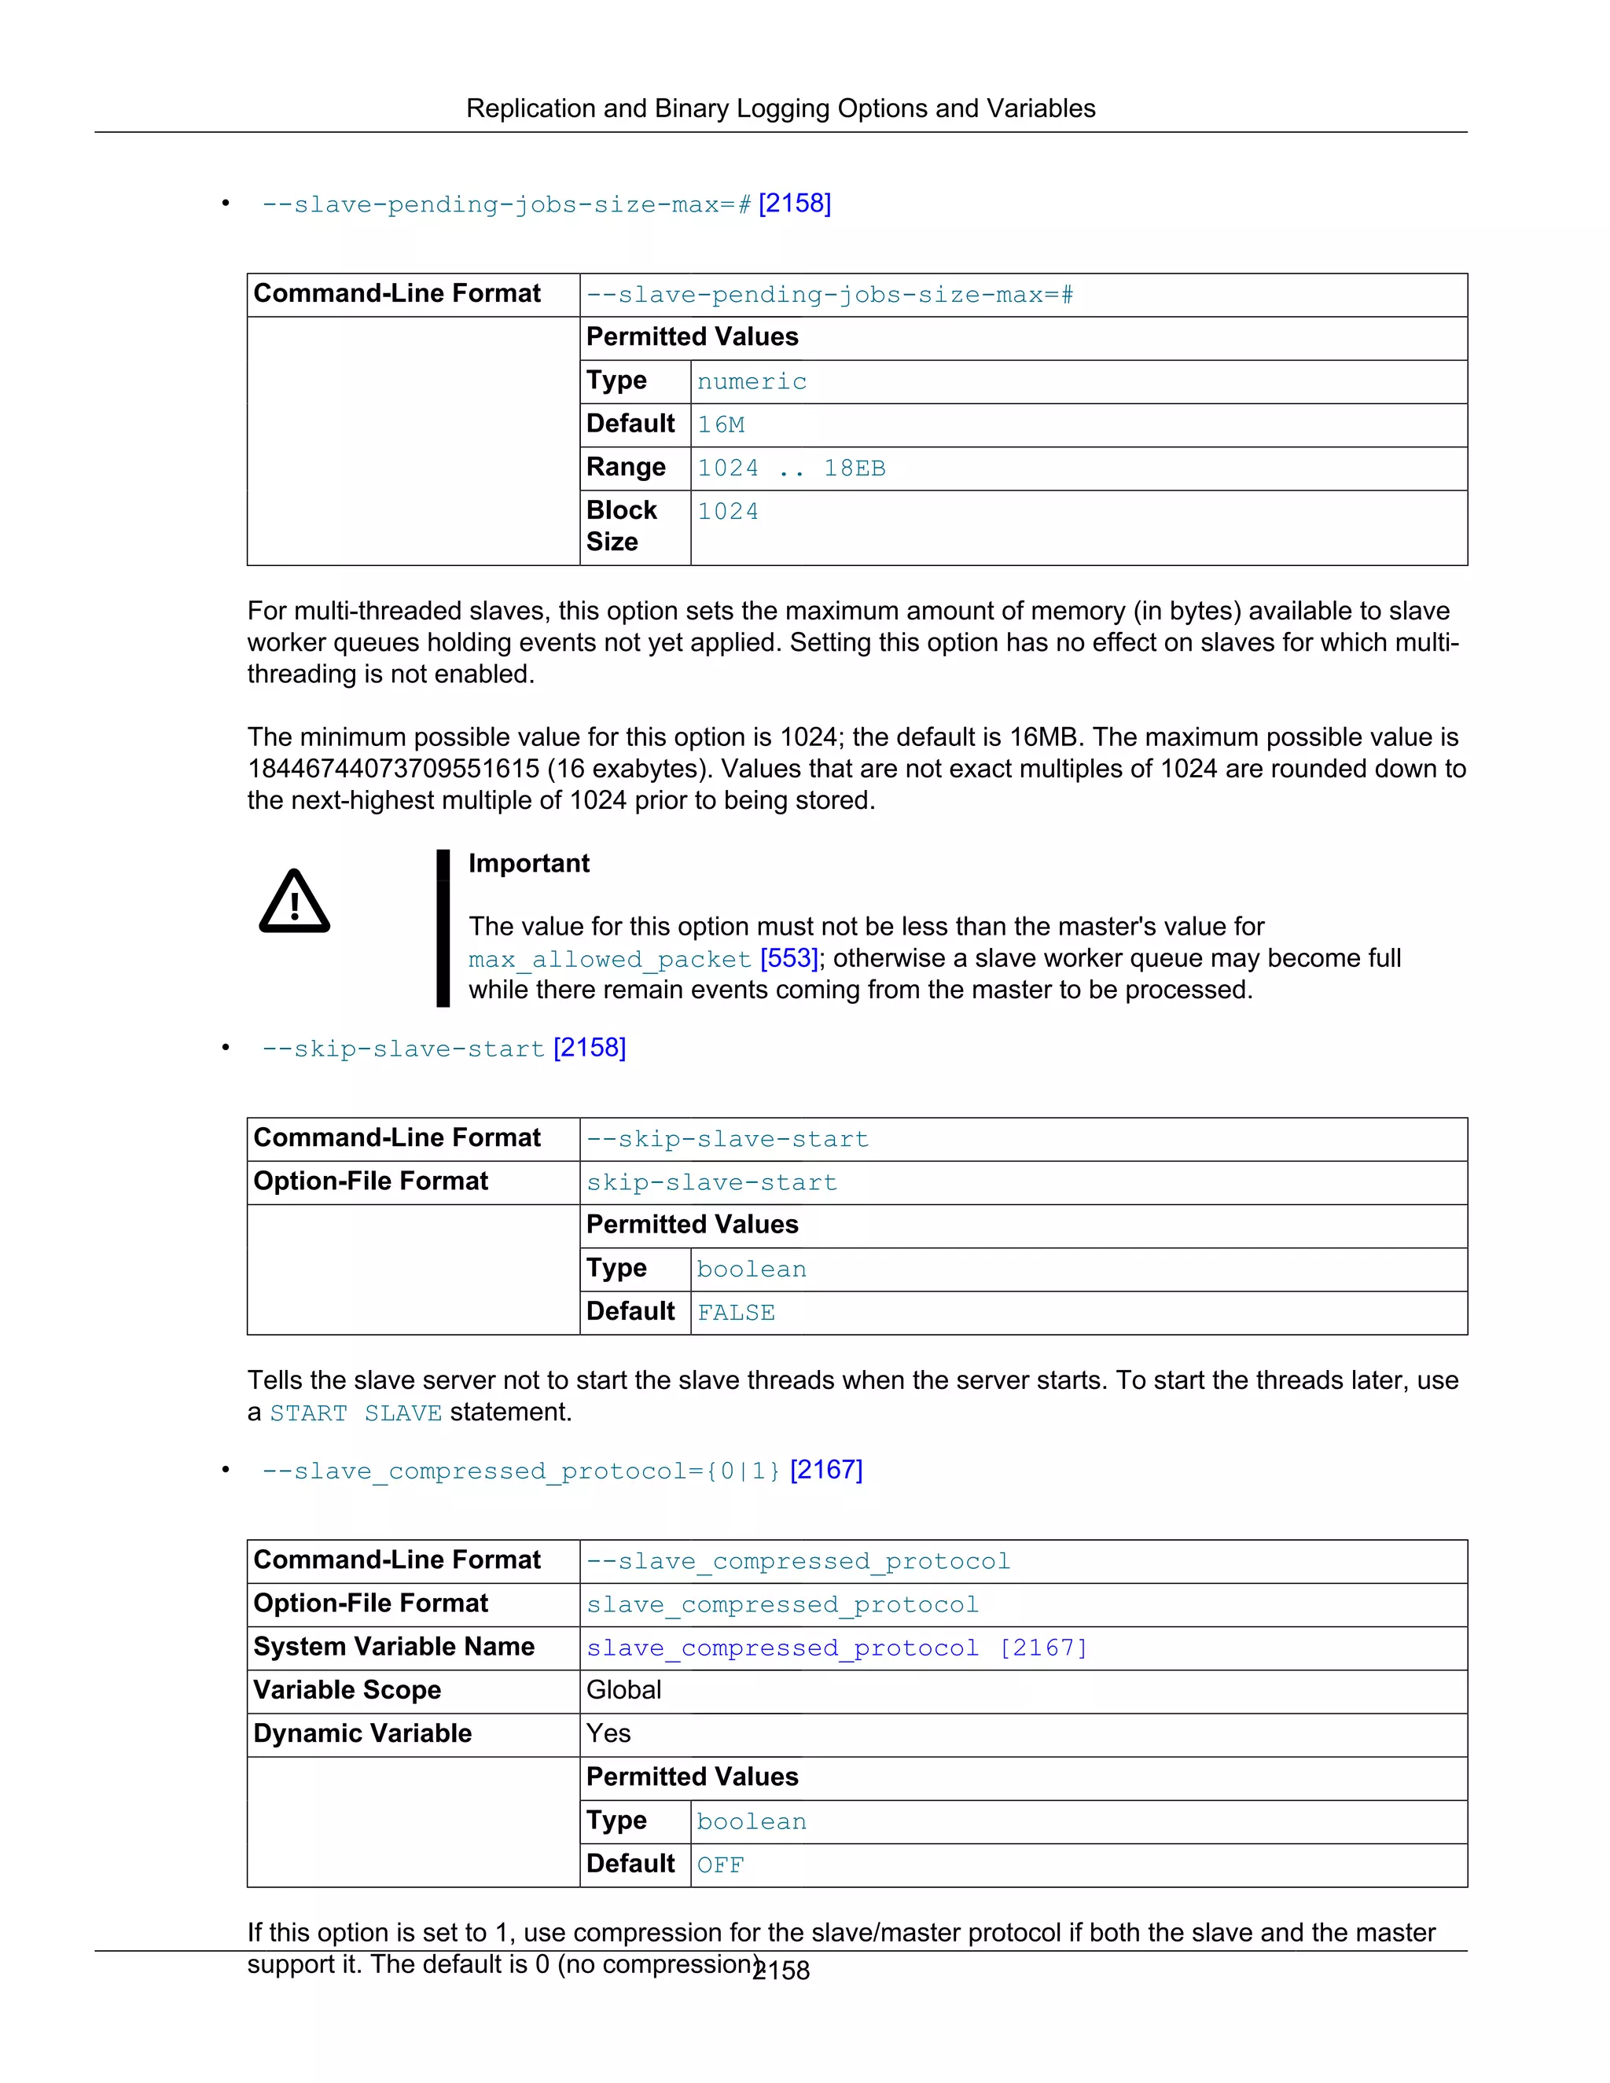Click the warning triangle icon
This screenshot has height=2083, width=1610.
294,902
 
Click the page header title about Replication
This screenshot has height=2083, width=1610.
780,108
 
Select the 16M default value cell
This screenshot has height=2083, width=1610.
721,425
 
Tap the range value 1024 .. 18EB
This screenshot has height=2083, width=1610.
791,468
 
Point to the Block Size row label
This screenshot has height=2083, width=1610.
622,526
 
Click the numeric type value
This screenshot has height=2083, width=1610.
752,381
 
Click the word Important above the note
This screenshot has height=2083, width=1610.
528,863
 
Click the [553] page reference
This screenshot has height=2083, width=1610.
788,957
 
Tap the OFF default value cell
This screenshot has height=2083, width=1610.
720,1865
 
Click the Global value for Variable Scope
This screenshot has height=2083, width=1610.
623,1690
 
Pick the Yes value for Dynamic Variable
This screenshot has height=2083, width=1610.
608,1733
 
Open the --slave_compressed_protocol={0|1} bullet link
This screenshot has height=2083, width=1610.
520,1471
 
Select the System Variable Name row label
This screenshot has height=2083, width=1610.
394,1647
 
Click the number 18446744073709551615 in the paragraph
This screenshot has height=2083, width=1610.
393,769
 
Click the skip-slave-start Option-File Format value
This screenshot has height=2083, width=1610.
711,1183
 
